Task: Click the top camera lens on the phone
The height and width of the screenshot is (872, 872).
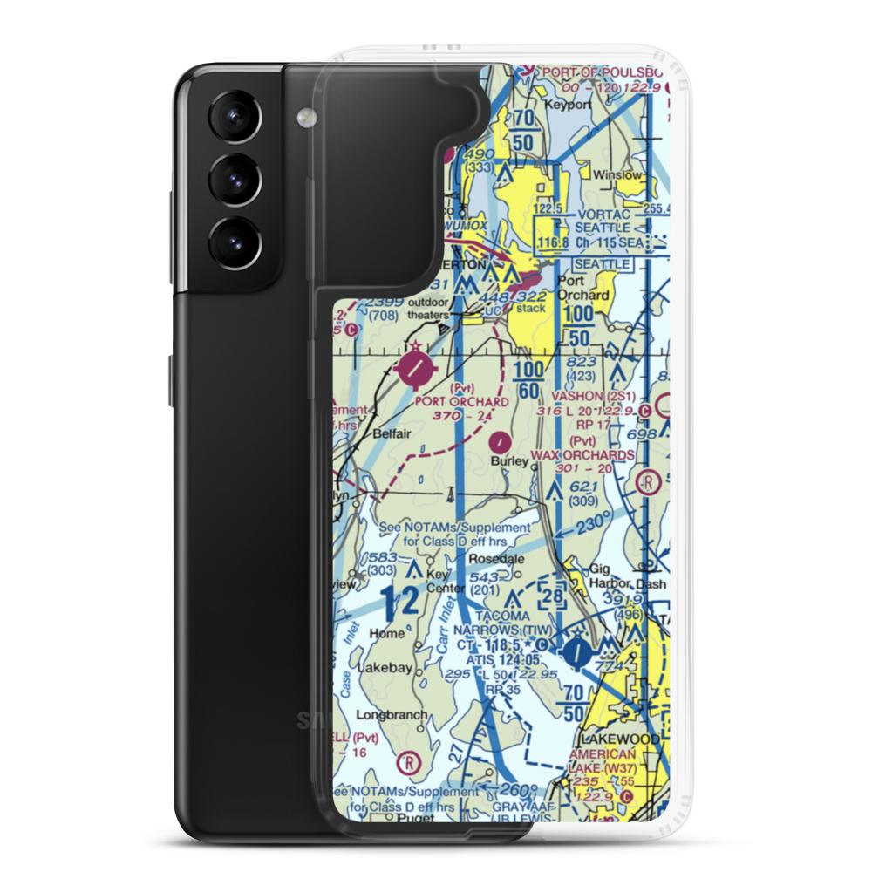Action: (x=234, y=118)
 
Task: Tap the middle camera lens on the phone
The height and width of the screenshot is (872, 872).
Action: (x=234, y=181)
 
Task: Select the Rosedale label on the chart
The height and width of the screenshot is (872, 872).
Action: (x=494, y=559)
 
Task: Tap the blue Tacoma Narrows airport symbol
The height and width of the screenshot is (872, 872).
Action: (x=576, y=650)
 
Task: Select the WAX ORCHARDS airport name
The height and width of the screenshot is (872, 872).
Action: (x=594, y=455)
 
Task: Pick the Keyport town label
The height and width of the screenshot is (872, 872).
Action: (x=568, y=105)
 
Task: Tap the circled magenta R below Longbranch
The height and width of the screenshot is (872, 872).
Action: (x=406, y=765)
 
